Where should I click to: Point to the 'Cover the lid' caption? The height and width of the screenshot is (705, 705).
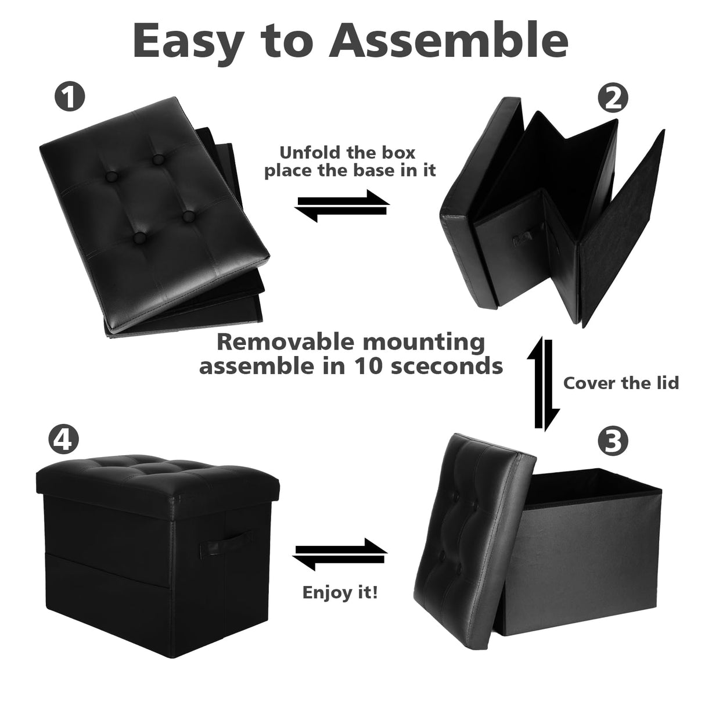coord(621,383)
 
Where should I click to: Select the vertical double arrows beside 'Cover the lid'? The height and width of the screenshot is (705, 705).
coord(544,383)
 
